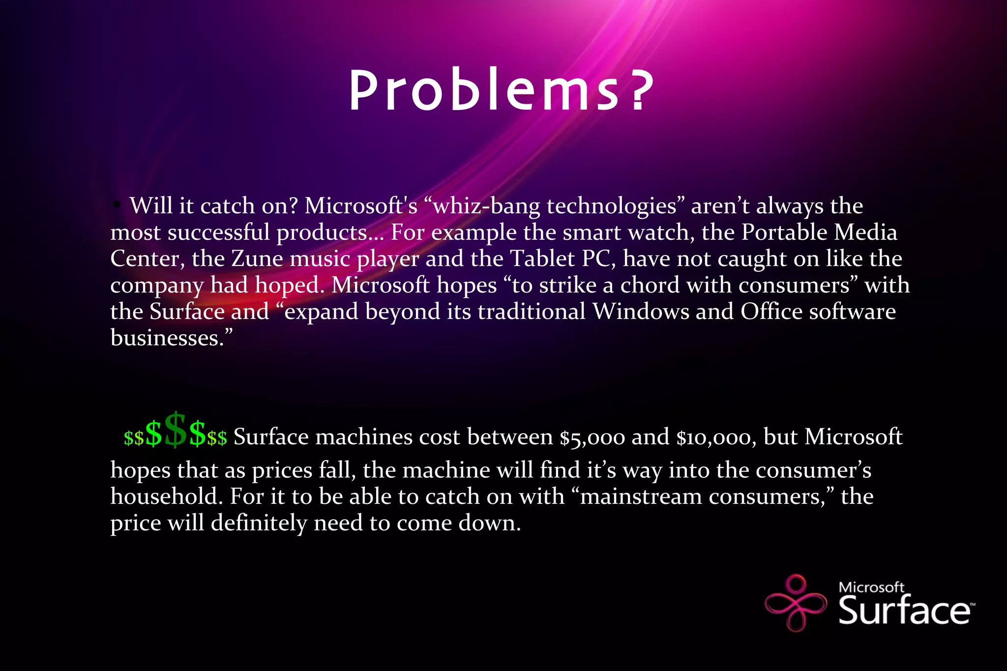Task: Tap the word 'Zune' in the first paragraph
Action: pyautogui.click(x=257, y=259)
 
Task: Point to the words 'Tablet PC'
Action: pyautogui.click(x=563, y=259)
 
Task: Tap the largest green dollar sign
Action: pyautogui.click(x=176, y=430)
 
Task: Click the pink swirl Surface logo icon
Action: pyautogui.click(x=796, y=603)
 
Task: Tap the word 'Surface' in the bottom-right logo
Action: pyautogui.click(x=904, y=611)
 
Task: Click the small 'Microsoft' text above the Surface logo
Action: pyautogui.click(x=871, y=587)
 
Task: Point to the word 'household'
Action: pyautogui.click(x=164, y=496)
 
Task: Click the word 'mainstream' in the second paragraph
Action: pyautogui.click(x=641, y=496)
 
